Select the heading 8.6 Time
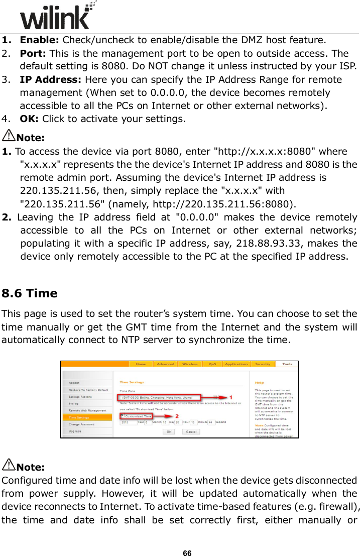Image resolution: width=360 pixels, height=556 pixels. click(x=30, y=293)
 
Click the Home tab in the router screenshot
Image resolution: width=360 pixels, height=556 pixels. click(x=141, y=364)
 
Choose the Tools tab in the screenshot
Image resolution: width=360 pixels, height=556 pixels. click(x=287, y=364)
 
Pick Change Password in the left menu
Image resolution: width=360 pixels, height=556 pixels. click(x=82, y=424)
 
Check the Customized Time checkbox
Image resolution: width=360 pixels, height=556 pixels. click(x=122, y=416)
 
